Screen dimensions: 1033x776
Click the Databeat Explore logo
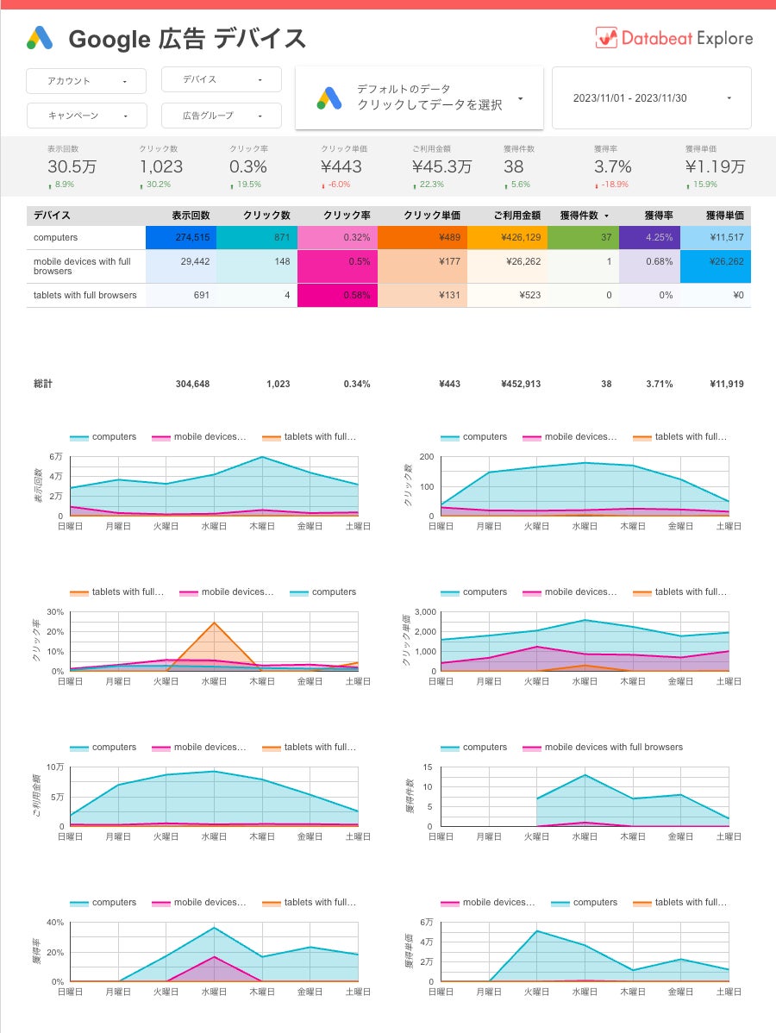[x=673, y=38]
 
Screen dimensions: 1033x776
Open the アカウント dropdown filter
[x=77, y=81]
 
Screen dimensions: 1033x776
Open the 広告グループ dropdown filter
[x=221, y=116]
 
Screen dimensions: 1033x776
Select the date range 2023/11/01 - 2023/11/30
[x=651, y=98]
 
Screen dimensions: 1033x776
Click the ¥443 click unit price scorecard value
[x=341, y=166]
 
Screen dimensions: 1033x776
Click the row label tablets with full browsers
[x=84, y=295]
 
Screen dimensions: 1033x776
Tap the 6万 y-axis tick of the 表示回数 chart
[x=56, y=456]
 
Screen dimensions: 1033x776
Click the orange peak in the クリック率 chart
[x=213, y=623]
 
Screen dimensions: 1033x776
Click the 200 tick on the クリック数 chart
[x=426, y=456]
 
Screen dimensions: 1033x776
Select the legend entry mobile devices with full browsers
[x=613, y=747]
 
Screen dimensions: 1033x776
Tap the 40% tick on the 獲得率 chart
[x=54, y=922]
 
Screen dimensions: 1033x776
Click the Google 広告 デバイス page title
[x=187, y=39]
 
